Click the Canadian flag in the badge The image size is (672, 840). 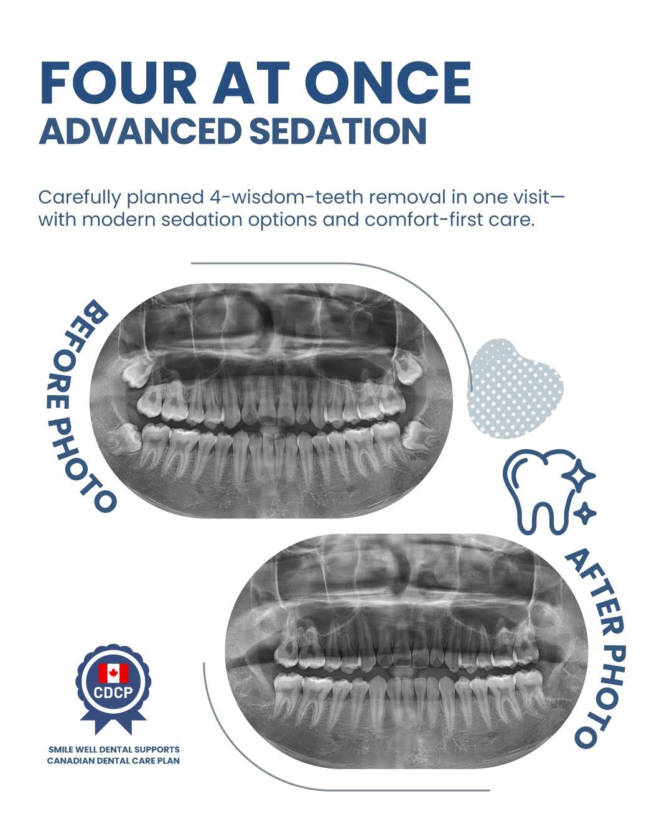pyautogui.click(x=113, y=673)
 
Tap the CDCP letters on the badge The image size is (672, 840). pyautogui.click(x=113, y=692)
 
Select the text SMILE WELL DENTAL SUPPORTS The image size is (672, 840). pyautogui.click(x=114, y=750)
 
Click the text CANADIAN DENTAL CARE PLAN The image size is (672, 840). pyautogui.click(x=114, y=761)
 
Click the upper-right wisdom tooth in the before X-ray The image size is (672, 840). pyautogui.click(x=409, y=368)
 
